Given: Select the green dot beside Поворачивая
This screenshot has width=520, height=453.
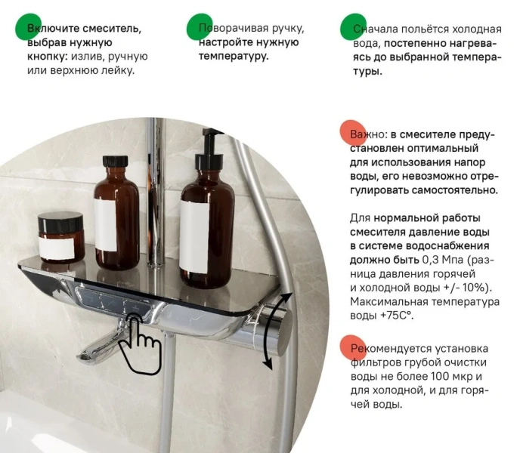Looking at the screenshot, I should (199, 26).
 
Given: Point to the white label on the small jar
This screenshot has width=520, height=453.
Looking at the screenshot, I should (60, 248).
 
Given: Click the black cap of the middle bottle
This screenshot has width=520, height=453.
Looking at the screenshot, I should (115, 164).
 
